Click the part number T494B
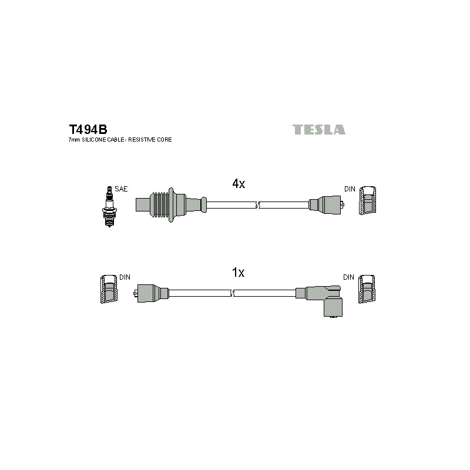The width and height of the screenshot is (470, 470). [x=88, y=129]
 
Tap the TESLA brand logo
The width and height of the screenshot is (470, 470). [x=318, y=129]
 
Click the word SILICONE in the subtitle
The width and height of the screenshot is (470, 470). [x=94, y=140]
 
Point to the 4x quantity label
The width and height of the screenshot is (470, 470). [x=239, y=183]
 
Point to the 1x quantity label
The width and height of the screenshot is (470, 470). [x=239, y=272]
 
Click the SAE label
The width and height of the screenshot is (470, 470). [x=121, y=189]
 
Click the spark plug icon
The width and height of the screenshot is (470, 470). [x=109, y=207]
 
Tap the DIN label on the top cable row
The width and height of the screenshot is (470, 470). [x=350, y=189]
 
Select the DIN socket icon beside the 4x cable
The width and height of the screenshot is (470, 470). [x=368, y=200]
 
